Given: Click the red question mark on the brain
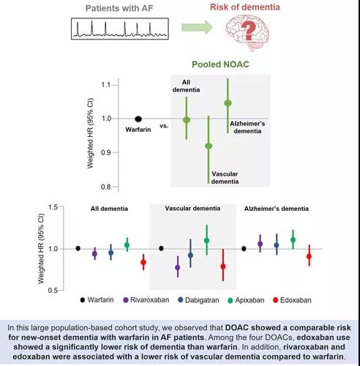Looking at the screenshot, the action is pyautogui.click(x=248, y=31).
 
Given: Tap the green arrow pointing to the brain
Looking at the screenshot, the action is pyautogui.click(x=197, y=27).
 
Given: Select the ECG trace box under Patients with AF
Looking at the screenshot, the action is pyautogui.click(x=120, y=29).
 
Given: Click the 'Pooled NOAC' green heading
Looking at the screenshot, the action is pyautogui.click(x=220, y=64).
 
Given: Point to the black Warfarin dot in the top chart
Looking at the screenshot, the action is pyautogui.click(x=138, y=119).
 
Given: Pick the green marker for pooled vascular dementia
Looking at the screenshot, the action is pyautogui.click(x=209, y=146).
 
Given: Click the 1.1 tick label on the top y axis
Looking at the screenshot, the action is pyautogui.click(x=106, y=85).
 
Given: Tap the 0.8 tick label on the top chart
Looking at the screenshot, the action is pyautogui.click(x=106, y=187).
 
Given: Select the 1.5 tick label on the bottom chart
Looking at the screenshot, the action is pyautogui.click(x=53, y=207).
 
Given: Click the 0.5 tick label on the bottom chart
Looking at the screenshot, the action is pyautogui.click(x=53, y=291).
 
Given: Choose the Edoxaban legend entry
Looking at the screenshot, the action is pyautogui.click(x=292, y=300).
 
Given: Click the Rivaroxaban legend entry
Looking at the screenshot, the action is pyautogui.click(x=146, y=300).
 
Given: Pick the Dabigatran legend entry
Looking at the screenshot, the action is pyautogui.click(x=198, y=300).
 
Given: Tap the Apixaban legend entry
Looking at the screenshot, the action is pyautogui.click(x=246, y=300).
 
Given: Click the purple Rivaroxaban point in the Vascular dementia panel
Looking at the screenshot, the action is pyautogui.click(x=178, y=267).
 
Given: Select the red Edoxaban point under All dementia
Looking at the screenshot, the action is pyautogui.click(x=143, y=262).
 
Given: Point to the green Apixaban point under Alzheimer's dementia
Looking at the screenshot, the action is pyautogui.click(x=293, y=240).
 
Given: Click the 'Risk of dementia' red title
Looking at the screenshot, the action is pyautogui.click(x=245, y=7).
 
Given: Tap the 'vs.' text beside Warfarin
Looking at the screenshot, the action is pyautogui.click(x=164, y=126).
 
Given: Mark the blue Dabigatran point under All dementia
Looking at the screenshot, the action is pyautogui.click(x=111, y=253).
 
